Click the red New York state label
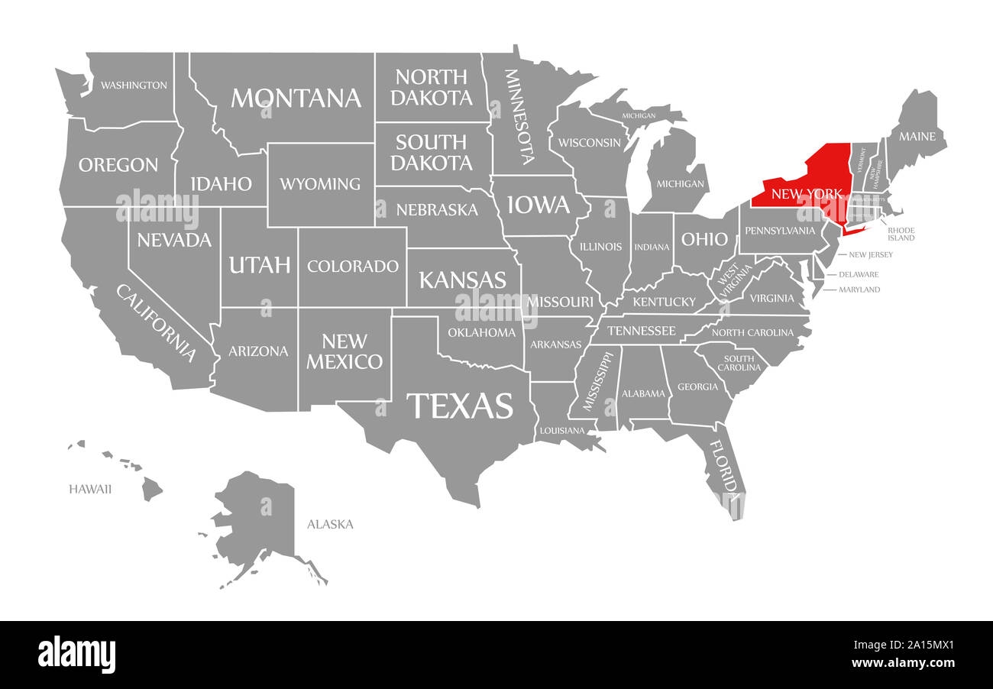click(807, 194)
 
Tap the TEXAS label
click(459, 406)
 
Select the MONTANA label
click(296, 98)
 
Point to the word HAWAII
click(90, 489)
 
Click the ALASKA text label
click(330, 524)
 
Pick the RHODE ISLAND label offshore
click(901, 234)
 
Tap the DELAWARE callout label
click(859, 274)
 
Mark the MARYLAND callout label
click(859, 290)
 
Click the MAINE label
click(917, 137)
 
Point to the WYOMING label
click(319, 183)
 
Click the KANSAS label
click(462, 279)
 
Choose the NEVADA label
click(173, 240)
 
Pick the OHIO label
click(704, 239)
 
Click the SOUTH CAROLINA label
click(739, 363)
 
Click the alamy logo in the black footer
click(77, 655)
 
